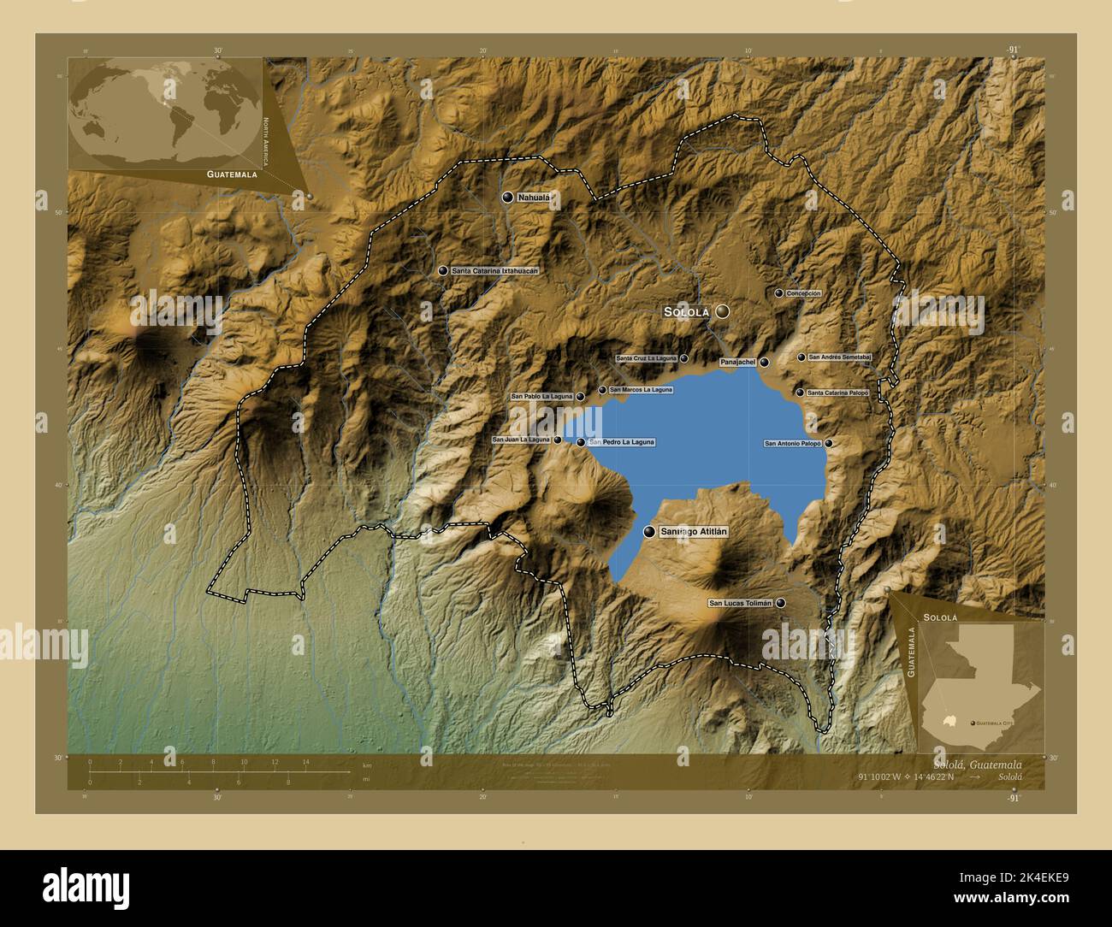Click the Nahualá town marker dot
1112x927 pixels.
click(507, 198)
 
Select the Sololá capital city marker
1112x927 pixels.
click(723, 312)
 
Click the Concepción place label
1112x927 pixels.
click(803, 293)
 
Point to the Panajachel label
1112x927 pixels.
click(738, 363)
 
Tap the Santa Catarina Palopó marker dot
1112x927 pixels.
click(800, 393)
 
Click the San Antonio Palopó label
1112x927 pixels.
click(792, 444)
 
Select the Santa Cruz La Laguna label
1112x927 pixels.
click(646, 358)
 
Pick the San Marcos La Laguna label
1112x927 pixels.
click(642, 390)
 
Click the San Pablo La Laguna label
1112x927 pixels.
click(541, 397)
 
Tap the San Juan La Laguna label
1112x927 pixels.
click(521, 440)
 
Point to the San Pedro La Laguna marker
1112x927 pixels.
click(581, 442)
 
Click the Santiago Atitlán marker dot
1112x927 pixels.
click(649, 532)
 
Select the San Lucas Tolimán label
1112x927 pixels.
click(741, 603)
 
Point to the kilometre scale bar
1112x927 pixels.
click(219, 771)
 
